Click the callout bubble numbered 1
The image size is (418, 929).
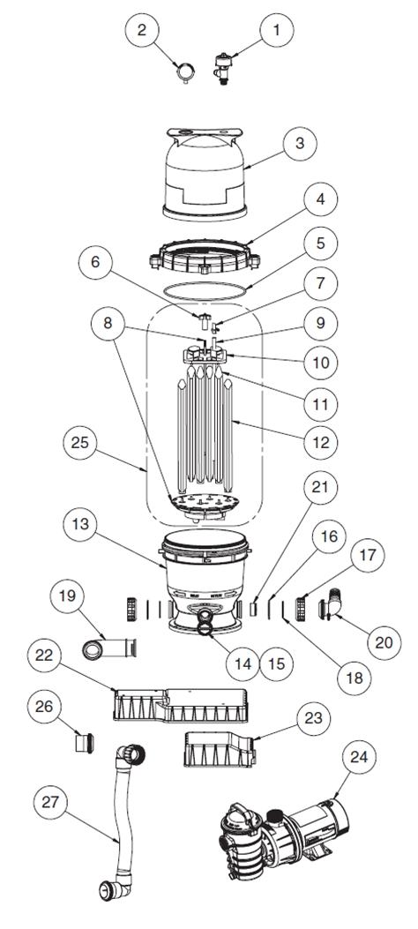click(x=275, y=29)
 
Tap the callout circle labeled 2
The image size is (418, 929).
click(x=141, y=29)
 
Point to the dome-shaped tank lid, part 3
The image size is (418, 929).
click(x=205, y=174)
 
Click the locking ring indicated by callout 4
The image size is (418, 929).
click(x=205, y=257)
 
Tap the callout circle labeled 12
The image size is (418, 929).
click(x=320, y=442)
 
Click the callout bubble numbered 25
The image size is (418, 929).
click(x=82, y=443)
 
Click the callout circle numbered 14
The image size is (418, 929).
click(x=243, y=663)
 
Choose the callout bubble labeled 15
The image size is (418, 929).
click(x=277, y=663)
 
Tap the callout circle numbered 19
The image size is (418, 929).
click(x=68, y=595)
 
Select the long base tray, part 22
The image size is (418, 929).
click(x=183, y=705)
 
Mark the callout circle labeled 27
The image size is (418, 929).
click(x=49, y=802)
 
